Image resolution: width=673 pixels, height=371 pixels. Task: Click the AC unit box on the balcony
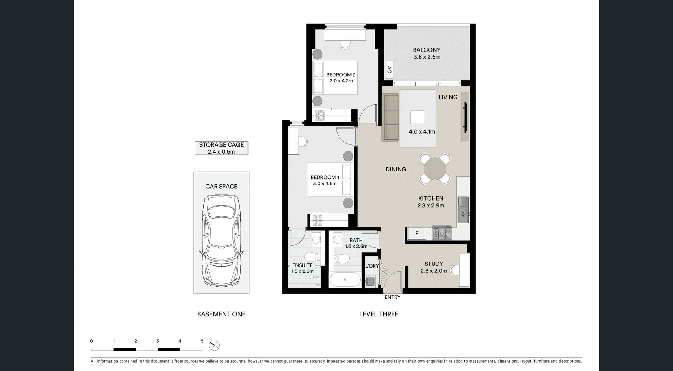(389, 70)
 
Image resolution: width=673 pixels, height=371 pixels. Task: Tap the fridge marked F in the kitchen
(417, 234)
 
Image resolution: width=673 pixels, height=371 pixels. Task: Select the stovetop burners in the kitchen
(442, 233)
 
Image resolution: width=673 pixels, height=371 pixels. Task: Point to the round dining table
(435, 169)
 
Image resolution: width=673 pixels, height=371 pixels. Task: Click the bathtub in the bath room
(345, 280)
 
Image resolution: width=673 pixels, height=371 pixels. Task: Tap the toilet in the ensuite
(312, 257)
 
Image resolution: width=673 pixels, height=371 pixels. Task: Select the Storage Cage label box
(221, 148)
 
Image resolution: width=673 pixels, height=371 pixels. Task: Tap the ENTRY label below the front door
(392, 297)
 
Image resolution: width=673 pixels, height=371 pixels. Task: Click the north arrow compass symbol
(214, 345)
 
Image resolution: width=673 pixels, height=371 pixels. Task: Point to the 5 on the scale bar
(202, 341)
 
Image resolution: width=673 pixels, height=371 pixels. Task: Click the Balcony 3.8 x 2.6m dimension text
(427, 57)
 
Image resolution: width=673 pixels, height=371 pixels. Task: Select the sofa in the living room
(390, 117)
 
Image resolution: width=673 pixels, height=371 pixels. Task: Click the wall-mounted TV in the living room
(465, 117)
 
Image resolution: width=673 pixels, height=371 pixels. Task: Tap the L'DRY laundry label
(372, 266)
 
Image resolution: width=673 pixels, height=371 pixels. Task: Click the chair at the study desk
(455, 270)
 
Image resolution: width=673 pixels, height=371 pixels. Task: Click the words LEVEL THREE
(379, 314)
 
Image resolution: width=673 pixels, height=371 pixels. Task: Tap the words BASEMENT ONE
(221, 314)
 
